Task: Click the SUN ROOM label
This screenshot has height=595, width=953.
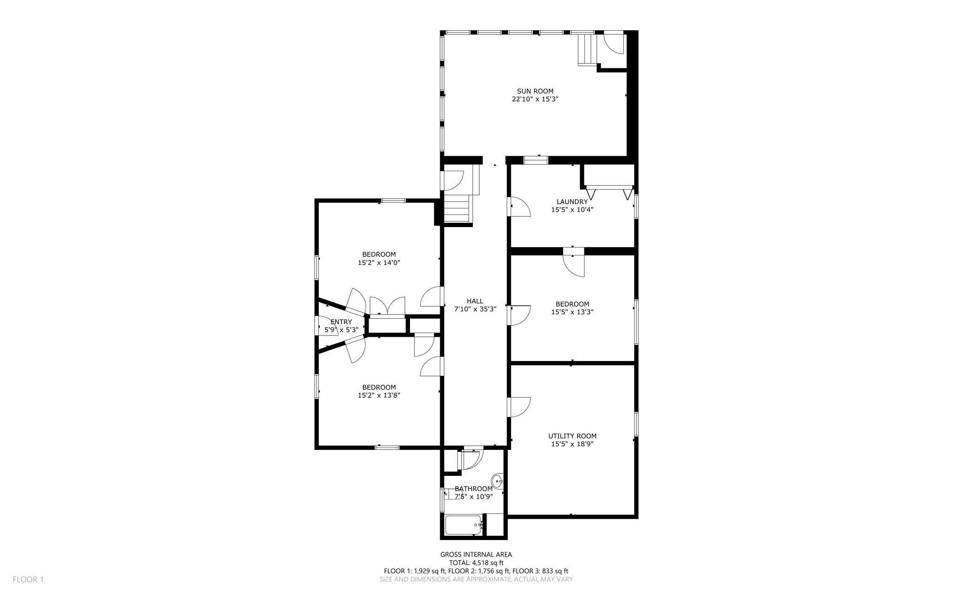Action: (x=535, y=91)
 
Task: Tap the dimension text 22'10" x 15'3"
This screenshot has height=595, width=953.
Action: (x=535, y=99)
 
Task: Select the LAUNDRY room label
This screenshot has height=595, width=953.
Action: (x=572, y=202)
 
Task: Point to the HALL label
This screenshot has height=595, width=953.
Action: (x=475, y=301)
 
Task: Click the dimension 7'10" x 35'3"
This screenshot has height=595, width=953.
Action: (x=475, y=309)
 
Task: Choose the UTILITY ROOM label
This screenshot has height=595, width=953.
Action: (x=572, y=436)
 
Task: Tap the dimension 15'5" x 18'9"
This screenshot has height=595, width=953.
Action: (x=572, y=444)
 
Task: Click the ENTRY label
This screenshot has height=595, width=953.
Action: (x=341, y=322)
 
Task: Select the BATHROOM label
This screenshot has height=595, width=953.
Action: (x=473, y=488)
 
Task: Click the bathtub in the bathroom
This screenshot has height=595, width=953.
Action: (x=463, y=525)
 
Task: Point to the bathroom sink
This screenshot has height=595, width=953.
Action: (x=497, y=481)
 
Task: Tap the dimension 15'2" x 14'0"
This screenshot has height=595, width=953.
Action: (x=379, y=262)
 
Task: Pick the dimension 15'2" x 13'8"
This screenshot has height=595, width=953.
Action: (x=379, y=395)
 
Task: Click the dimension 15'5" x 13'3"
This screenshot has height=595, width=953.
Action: (x=572, y=312)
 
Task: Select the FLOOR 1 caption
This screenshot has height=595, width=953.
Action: (x=28, y=580)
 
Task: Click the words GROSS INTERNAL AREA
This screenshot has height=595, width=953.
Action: (x=476, y=555)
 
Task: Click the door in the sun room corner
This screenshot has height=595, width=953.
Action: (x=613, y=43)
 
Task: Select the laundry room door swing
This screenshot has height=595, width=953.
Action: (x=520, y=207)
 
